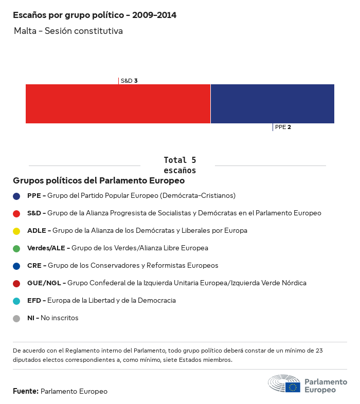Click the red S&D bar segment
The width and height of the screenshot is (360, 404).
pyautogui.click(x=118, y=104)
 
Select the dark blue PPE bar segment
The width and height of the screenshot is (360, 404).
pyautogui.click(x=273, y=104)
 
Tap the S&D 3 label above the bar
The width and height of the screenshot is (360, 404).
pyautogui.click(x=129, y=81)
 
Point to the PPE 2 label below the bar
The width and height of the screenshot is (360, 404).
pyautogui.click(x=283, y=127)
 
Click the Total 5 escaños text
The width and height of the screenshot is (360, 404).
pyautogui.click(x=179, y=165)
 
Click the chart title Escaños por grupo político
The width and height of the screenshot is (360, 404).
pyautogui.click(x=95, y=15)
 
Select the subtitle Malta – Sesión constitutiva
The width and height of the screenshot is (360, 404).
pyautogui.click(x=68, y=31)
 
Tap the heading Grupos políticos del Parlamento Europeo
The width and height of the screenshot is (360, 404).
pyautogui.click(x=99, y=181)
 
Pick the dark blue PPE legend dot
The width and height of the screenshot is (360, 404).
pyautogui.click(x=17, y=196)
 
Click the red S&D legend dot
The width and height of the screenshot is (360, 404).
pyautogui.click(x=17, y=213)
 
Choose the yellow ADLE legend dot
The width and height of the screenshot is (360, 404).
pyautogui.click(x=17, y=231)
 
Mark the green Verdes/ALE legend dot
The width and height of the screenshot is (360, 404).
pyautogui.click(x=17, y=248)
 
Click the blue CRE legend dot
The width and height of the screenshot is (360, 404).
pyautogui.click(x=17, y=266)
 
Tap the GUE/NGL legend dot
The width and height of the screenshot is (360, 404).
pyautogui.click(x=17, y=283)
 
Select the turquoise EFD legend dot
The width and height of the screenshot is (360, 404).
pyautogui.click(x=17, y=301)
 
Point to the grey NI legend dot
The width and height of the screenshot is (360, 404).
pyautogui.click(x=17, y=318)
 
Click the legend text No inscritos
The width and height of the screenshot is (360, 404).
pyautogui.click(x=60, y=318)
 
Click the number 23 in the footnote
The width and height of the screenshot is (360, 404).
pyautogui.click(x=318, y=351)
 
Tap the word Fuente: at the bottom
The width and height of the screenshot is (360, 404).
pyautogui.click(x=26, y=392)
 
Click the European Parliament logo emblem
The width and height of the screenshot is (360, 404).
pyautogui.click(x=284, y=384)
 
